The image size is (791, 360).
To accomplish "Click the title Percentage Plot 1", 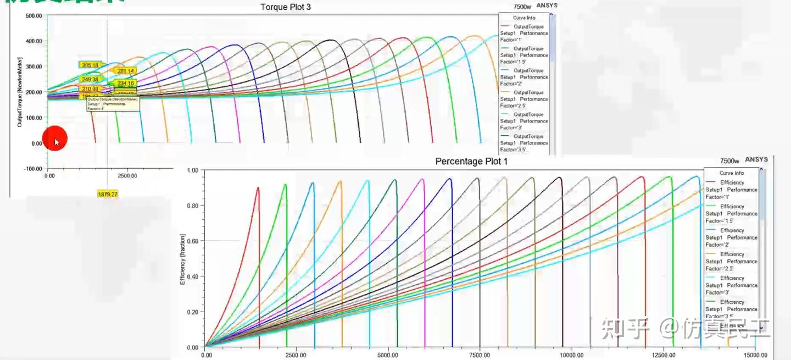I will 471,161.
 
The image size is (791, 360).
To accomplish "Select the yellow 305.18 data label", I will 90,65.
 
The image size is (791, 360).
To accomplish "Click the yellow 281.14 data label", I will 126,71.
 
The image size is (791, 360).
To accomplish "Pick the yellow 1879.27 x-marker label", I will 108,194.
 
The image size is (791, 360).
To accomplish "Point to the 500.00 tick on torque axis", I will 34,16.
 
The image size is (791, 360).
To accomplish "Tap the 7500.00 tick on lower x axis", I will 480,356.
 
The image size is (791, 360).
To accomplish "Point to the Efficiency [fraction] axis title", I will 182,259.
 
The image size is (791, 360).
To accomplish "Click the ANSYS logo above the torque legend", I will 546,5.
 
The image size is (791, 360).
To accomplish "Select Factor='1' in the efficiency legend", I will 719,196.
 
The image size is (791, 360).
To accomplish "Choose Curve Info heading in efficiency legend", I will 731,173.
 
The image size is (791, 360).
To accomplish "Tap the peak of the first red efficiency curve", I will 258,187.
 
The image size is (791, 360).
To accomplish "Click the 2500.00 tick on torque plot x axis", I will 127,176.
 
